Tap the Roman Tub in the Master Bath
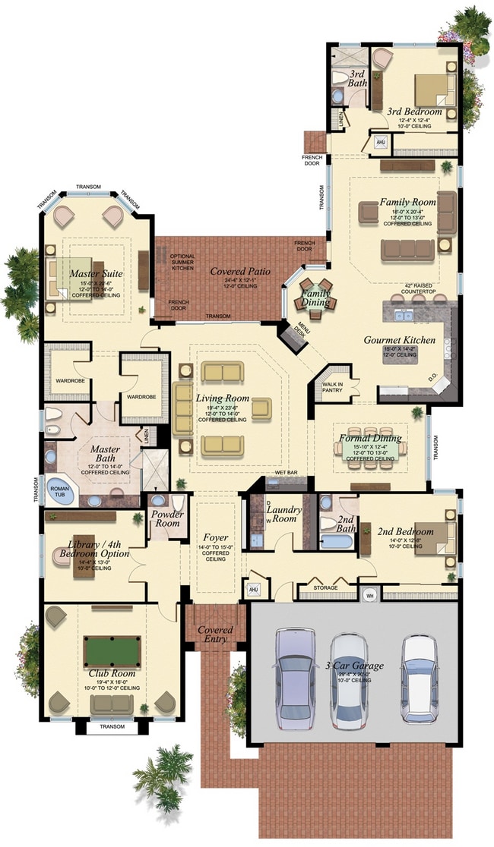(x=60, y=487)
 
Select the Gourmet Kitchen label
(x=399, y=340)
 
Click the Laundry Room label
(x=283, y=515)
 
